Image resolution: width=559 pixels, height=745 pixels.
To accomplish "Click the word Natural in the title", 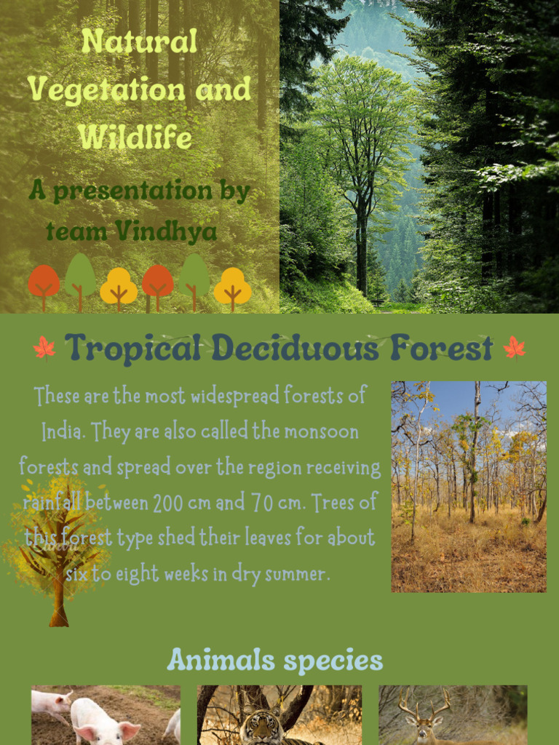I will tap(139, 41).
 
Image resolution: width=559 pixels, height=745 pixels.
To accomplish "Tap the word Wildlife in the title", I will tap(135, 137).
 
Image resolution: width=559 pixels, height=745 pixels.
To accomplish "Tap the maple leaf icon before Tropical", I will tap(44, 348).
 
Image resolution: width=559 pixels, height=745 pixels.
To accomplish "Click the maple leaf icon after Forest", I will tap(515, 348).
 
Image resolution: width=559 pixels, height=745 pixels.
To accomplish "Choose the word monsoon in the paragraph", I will tap(321, 432).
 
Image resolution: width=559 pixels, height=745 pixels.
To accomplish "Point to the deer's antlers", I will tap(425, 702).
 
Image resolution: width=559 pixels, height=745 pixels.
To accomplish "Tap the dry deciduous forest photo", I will tap(469, 486).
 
